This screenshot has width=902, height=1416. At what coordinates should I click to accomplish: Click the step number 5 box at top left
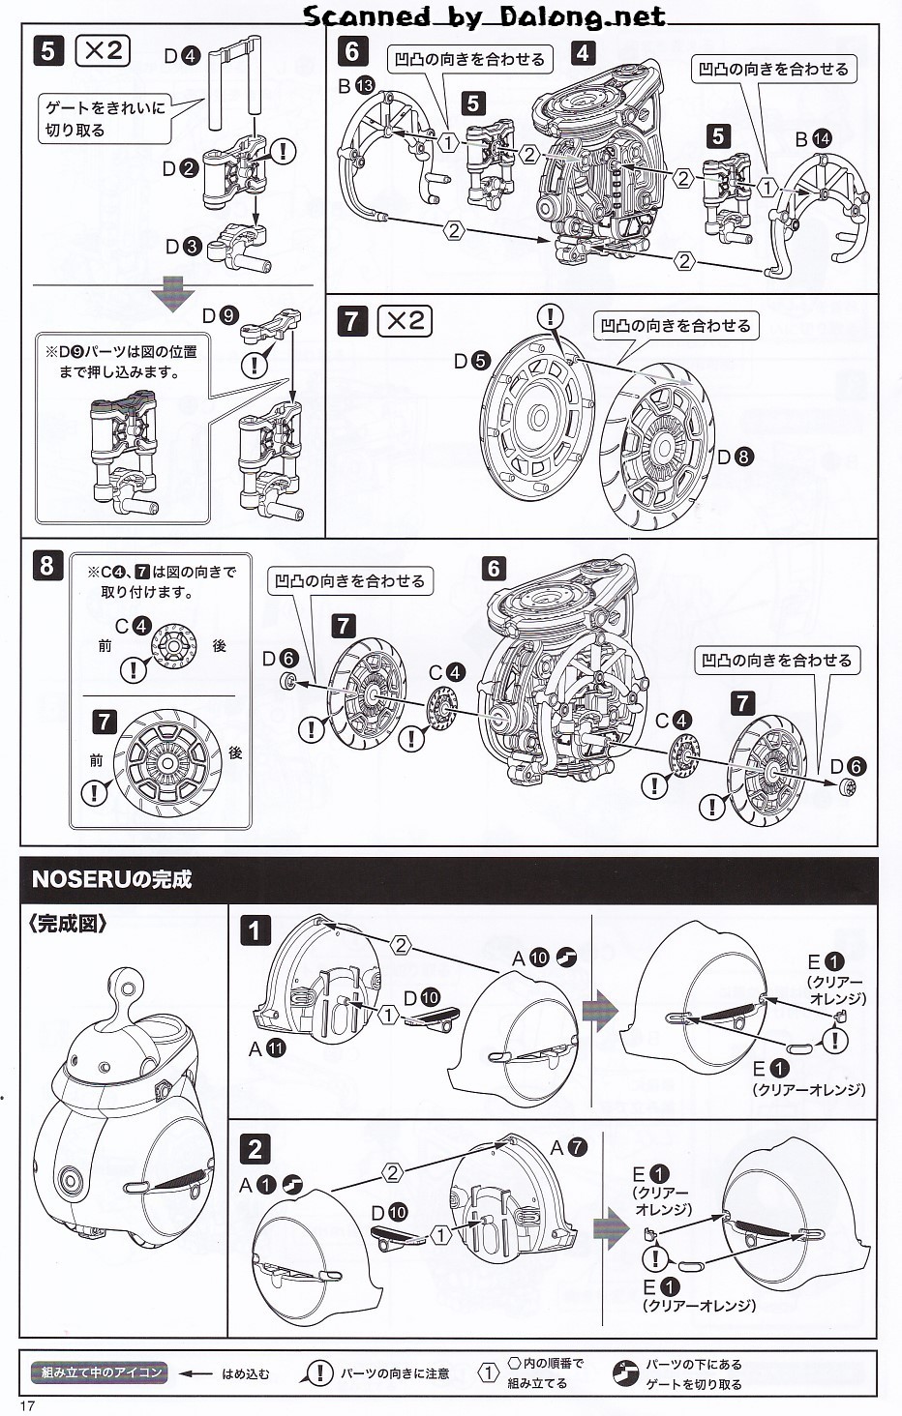coord(48,50)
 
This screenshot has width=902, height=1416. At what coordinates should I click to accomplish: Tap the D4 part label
coord(181,56)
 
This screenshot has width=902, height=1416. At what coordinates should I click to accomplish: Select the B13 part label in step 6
coord(356,86)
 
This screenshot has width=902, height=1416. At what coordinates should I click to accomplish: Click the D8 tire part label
coord(736,457)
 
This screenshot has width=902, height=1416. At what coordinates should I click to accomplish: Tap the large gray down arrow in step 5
coord(173,292)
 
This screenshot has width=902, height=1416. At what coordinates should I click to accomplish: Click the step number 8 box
coord(47,565)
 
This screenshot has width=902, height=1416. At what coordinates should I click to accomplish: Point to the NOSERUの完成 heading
coord(111,879)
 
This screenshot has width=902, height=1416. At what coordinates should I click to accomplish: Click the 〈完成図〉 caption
coord(68,924)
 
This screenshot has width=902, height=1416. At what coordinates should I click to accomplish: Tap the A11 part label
coord(267,1048)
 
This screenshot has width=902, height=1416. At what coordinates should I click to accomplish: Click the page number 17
coord(27,1405)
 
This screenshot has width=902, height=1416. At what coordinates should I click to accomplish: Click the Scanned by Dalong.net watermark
coord(484,15)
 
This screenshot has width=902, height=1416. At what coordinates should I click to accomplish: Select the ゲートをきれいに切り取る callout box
coord(106,118)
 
